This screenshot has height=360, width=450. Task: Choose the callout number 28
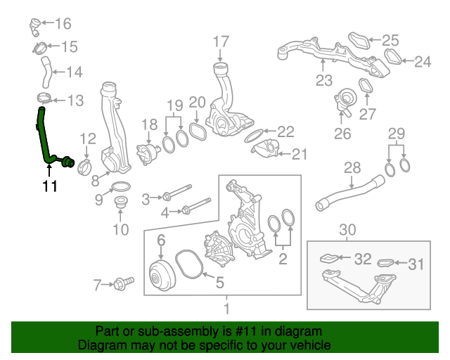pyautogui.click(x=351, y=167)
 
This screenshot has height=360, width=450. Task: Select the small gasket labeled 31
pyautogui.click(x=386, y=264)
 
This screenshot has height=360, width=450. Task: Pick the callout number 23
pyautogui.click(x=323, y=80)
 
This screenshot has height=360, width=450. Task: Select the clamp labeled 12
pyautogui.click(x=85, y=167)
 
